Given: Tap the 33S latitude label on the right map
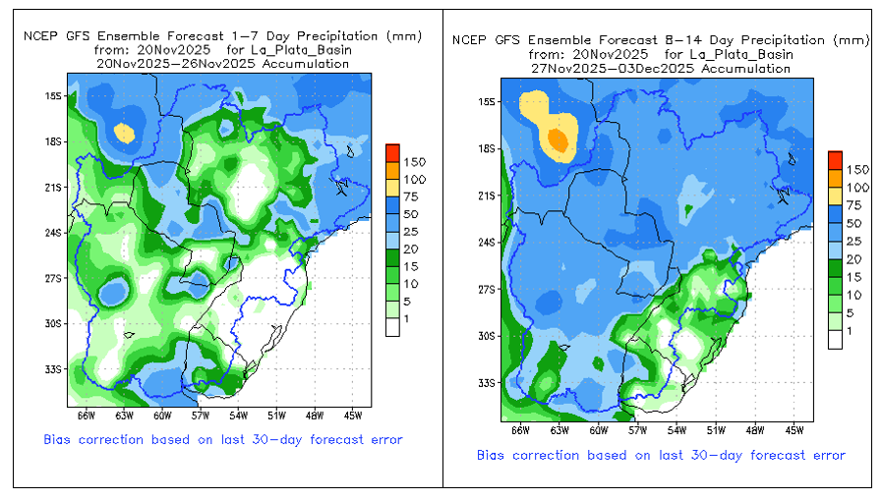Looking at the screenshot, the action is click(486, 383).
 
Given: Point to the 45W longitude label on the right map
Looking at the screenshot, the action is click(795, 430).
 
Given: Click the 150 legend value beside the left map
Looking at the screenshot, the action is click(415, 162).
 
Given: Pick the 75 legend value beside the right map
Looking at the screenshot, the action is click(854, 205).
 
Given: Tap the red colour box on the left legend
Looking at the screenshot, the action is click(392, 153).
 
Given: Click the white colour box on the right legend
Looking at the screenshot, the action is click(835, 340).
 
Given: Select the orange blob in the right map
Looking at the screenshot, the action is click(558, 139).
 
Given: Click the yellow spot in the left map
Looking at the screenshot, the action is click(124, 134).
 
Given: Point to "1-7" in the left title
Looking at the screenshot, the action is click(243, 36).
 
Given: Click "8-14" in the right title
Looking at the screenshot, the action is click(683, 40).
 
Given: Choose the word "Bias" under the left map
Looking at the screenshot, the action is click(57, 439).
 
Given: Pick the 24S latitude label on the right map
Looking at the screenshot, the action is click(486, 243).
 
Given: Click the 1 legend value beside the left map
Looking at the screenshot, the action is click(406, 319).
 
